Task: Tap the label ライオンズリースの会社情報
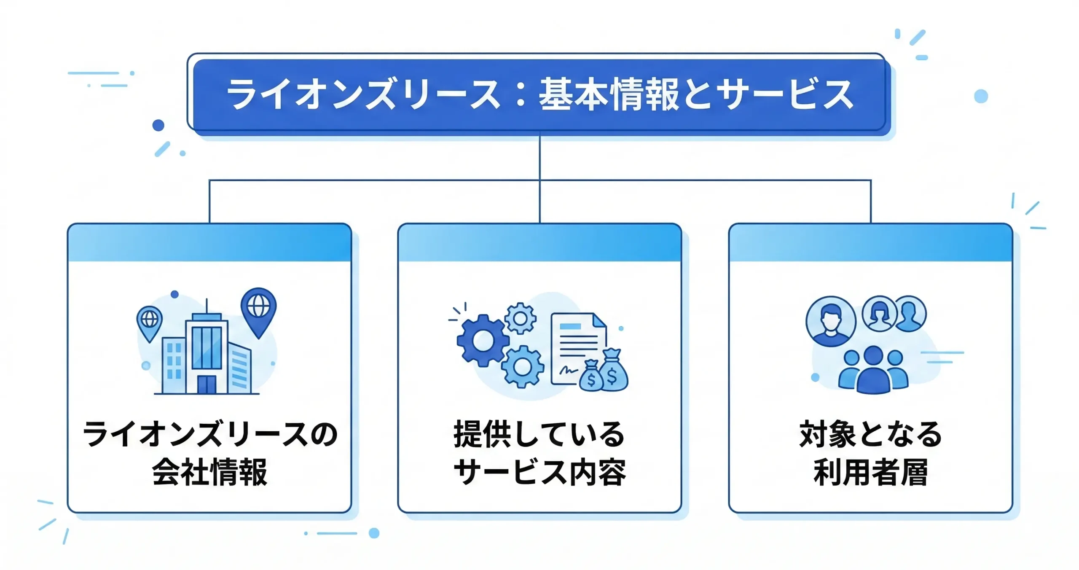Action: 209,453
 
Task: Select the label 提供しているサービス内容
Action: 539,453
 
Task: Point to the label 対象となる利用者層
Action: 870,453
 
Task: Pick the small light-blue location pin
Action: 149,321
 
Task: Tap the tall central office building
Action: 207,354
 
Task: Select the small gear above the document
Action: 520,318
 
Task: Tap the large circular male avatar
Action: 830,321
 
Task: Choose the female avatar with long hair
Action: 879,314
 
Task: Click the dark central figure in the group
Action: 872,371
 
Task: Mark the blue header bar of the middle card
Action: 539,243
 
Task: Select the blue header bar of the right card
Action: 870,243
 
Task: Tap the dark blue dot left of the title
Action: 158,125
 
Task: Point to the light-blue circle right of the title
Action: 981,96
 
